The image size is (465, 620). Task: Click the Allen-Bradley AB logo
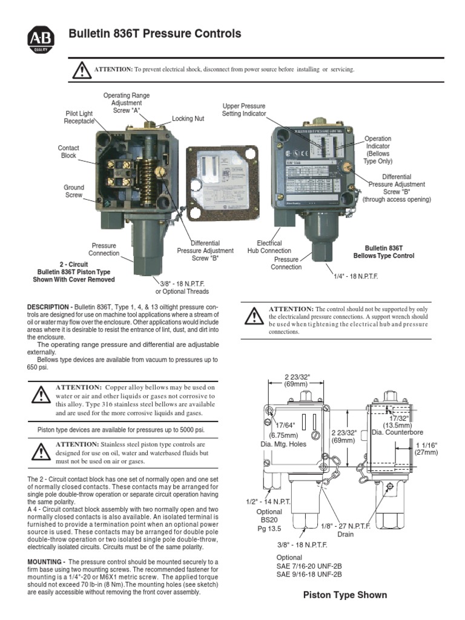click(41, 39)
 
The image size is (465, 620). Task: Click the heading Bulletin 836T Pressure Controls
click(155, 34)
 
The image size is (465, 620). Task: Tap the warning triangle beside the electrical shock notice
click(81, 70)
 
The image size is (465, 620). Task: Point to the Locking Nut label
click(188, 119)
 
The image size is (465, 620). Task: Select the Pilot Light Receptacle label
click(79, 117)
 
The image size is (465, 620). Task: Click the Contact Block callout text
click(68, 152)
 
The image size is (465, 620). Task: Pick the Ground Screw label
click(74, 191)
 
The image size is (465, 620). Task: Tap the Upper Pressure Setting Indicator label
click(243, 110)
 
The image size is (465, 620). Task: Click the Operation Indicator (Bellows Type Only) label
click(378, 150)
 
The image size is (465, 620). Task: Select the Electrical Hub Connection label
click(269, 247)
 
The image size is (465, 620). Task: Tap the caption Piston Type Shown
click(345, 595)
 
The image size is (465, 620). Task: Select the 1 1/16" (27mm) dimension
click(426, 448)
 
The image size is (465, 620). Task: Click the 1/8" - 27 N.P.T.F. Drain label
click(337, 530)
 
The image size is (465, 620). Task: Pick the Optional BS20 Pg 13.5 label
click(269, 520)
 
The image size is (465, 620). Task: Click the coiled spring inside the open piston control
click(149, 173)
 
